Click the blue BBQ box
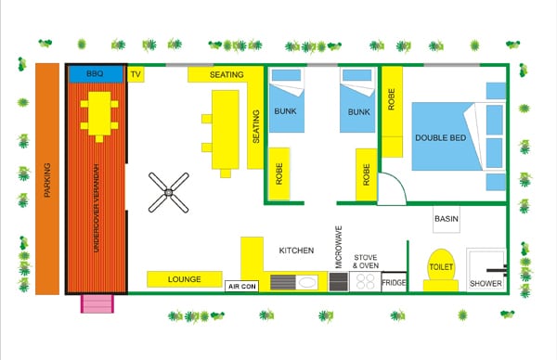coord(95,73)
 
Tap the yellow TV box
coord(136,74)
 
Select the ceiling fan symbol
coord(169,193)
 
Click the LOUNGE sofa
coord(185,278)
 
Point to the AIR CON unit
coord(241,287)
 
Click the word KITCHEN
coord(297,251)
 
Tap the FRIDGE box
coord(394,282)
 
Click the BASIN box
coord(447,218)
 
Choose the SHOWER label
coord(486,283)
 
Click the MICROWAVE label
coord(338,244)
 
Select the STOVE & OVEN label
coord(365,261)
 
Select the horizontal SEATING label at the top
coord(227,74)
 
